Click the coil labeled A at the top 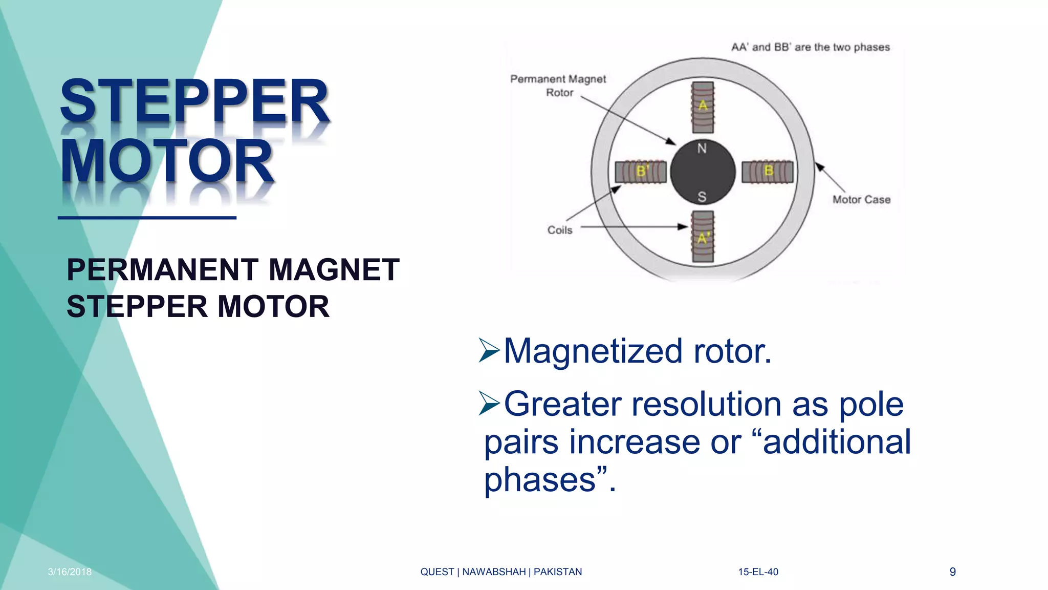click(703, 107)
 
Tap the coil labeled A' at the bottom click(703, 237)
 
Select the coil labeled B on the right click(768, 172)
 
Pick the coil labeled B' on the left click(641, 172)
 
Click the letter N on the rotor click(702, 149)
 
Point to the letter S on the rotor click(702, 197)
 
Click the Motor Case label click(861, 200)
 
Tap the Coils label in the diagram click(560, 230)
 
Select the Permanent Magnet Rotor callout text click(558, 86)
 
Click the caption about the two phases click(811, 47)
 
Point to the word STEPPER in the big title click(194, 101)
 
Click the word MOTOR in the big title click(167, 161)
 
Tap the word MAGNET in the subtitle click(334, 270)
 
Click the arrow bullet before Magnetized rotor click(489, 351)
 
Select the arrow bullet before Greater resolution click(489, 403)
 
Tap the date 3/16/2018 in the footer click(70, 572)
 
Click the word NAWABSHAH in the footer click(494, 572)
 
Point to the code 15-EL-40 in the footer click(758, 572)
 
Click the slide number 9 click(952, 572)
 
